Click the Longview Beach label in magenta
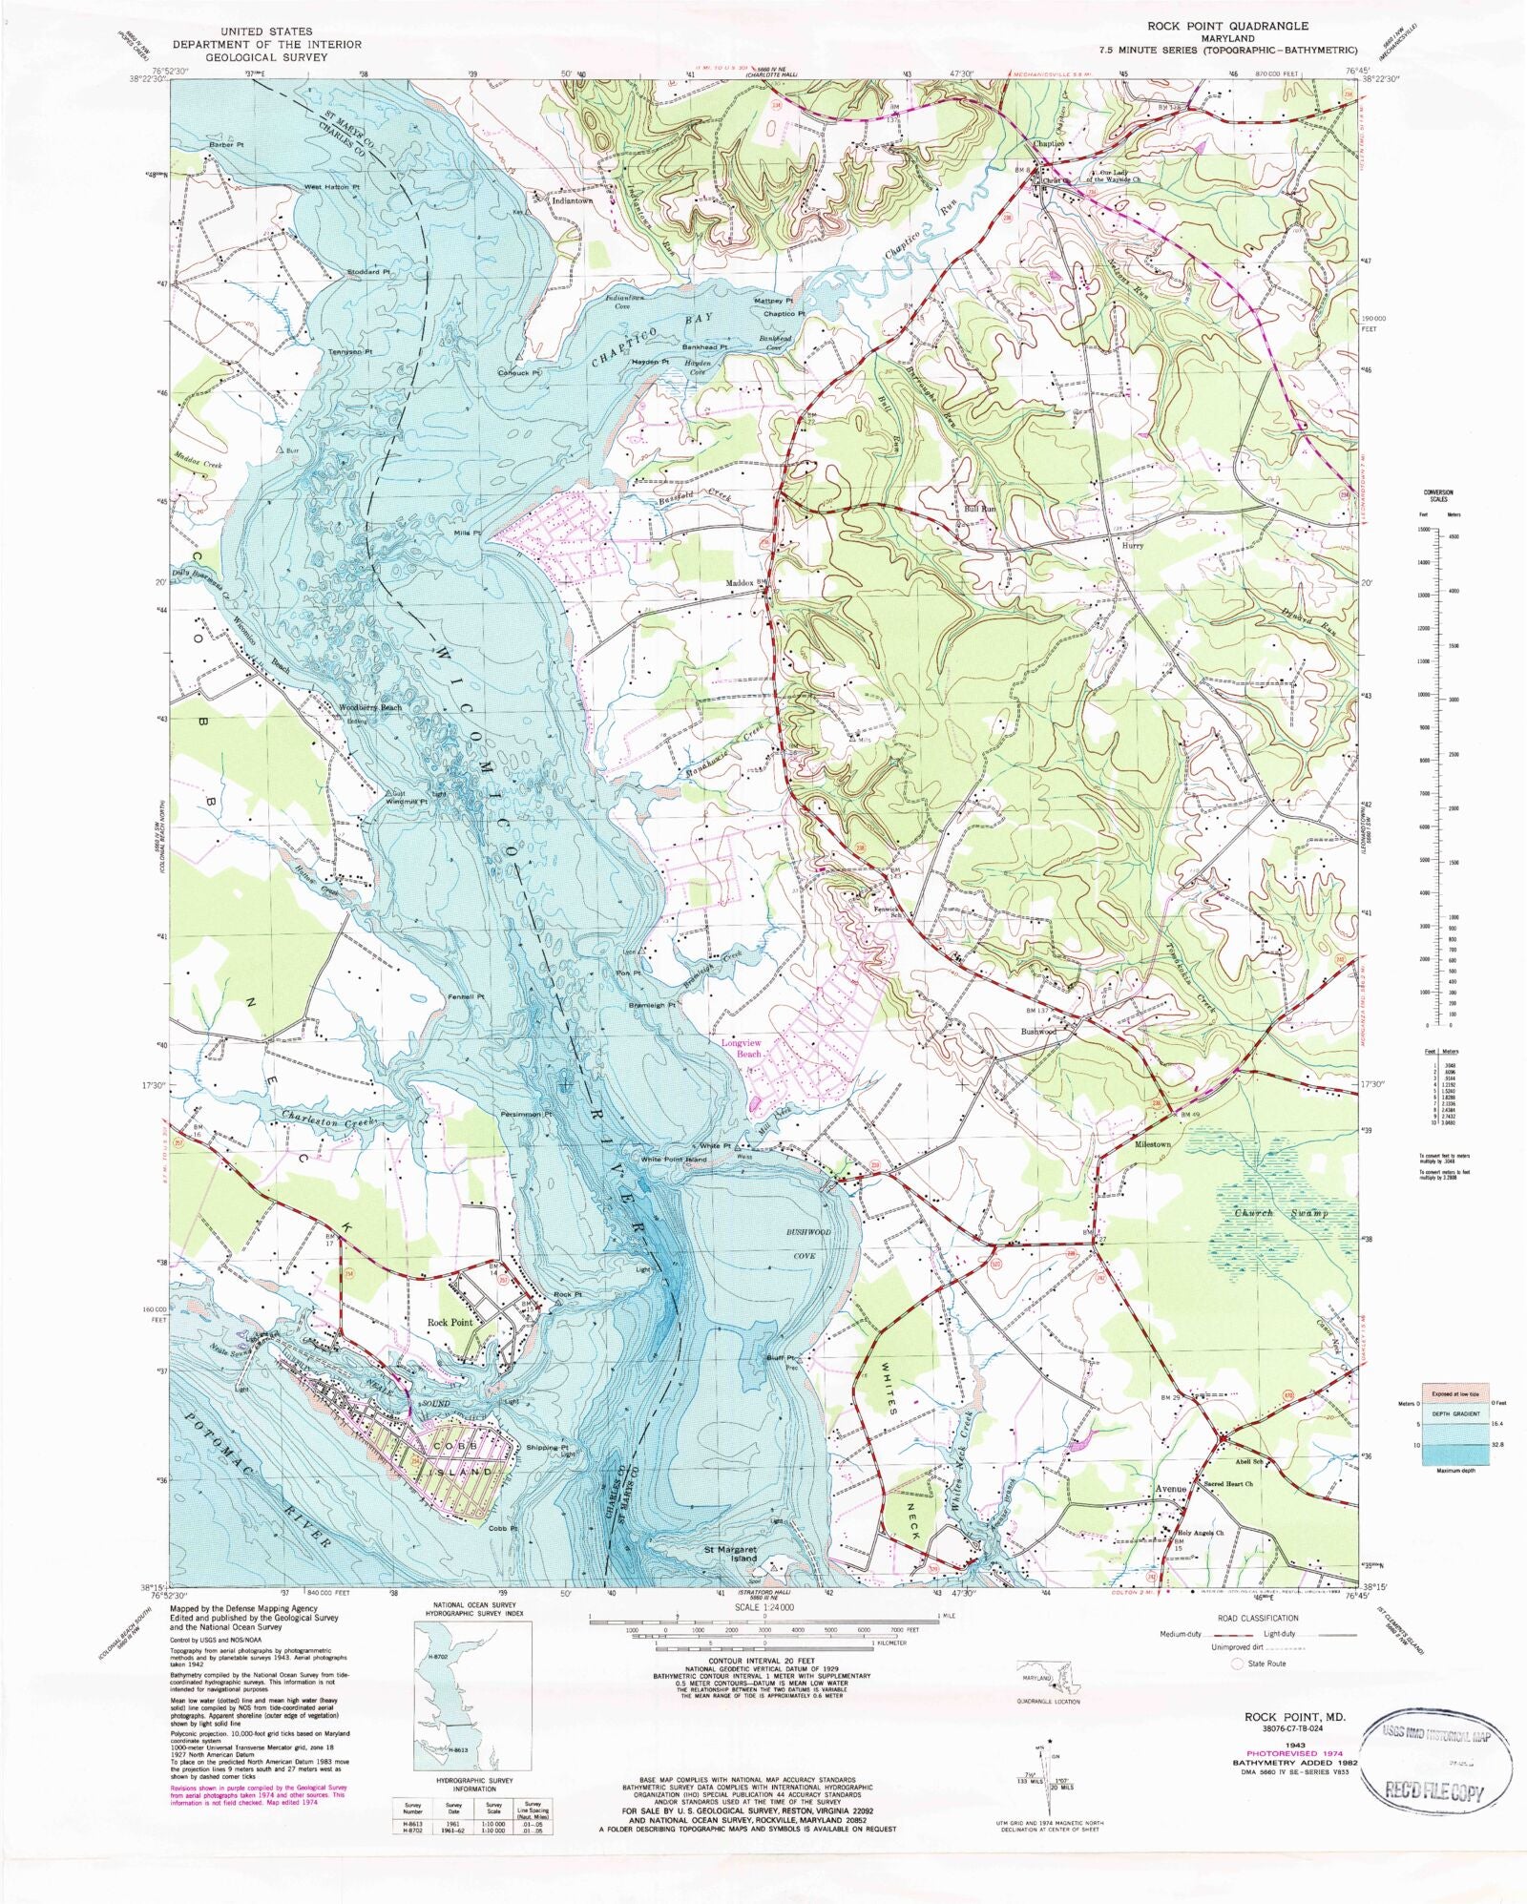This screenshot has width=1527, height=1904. pos(742,1048)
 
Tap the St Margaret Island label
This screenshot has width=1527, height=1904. pos(731,1553)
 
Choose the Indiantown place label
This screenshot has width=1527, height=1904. pos(573,201)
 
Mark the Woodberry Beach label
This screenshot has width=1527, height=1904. pos(370,708)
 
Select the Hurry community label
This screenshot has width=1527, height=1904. pos(1133,546)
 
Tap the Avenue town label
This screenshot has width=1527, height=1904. pos(1171,1489)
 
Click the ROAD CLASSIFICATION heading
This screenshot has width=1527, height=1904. pos(1258,1618)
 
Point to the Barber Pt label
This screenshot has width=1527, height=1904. pos(227,144)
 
